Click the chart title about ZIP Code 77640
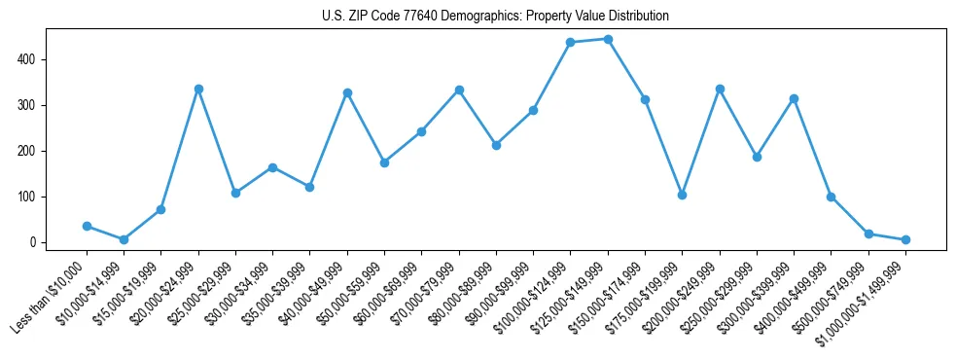pos(495,17)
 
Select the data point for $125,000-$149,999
pos(608,39)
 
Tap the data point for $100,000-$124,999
pos(571,43)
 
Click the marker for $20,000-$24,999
pos(198,89)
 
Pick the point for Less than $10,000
pos(87,226)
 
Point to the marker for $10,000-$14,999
pos(124,239)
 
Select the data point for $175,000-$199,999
pos(682,195)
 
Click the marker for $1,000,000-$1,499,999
pos(905,239)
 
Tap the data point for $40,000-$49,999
pos(347,92)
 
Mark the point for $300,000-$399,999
pos(794,98)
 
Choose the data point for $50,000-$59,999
pos(384,162)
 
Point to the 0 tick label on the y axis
pos(33,242)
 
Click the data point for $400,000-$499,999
pos(831,197)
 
